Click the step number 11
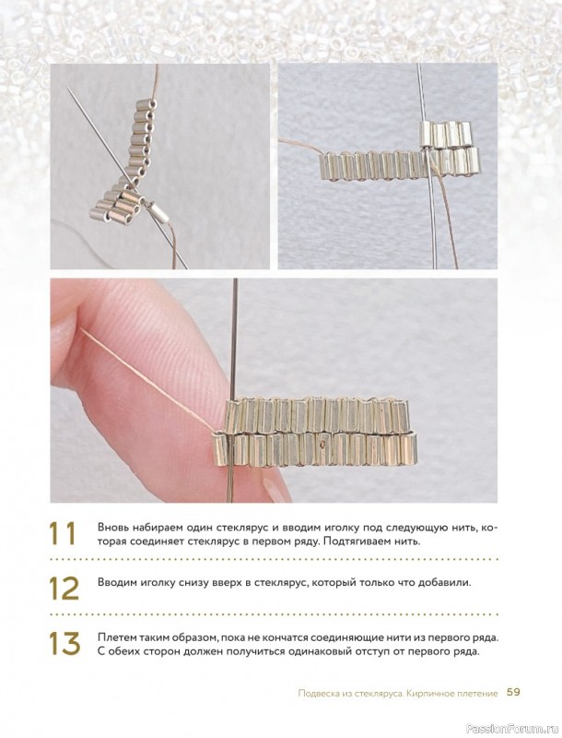pyautogui.click(x=62, y=533)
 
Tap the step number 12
pyautogui.click(x=64, y=588)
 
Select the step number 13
pyautogui.click(x=64, y=643)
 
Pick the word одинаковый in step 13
pyautogui.click(x=338, y=653)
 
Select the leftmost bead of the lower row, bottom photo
pyautogui.click(x=220, y=448)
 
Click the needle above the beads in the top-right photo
pyautogui.click(x=421, y=92)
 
